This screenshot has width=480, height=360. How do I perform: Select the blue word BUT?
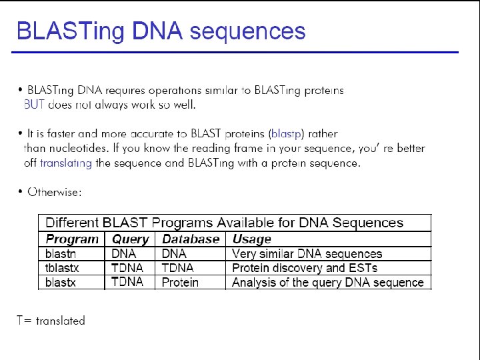34,104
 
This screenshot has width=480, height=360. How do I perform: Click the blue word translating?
66,163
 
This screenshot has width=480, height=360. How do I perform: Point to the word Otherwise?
55,193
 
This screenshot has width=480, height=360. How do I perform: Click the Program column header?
72,239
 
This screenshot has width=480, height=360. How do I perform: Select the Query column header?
131,239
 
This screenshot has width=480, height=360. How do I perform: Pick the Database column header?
191,239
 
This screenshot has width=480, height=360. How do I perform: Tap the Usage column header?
251,239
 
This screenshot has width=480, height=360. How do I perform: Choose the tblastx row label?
63,268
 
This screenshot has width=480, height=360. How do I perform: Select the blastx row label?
61,282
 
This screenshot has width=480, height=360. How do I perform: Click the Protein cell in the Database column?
180,283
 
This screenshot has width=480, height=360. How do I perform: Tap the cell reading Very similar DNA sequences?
307,253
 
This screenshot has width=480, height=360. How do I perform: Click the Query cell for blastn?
123,253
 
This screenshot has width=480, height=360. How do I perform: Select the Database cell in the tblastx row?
177,268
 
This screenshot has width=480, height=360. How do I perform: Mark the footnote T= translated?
51,321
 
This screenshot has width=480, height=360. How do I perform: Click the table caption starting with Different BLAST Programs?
224,223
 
